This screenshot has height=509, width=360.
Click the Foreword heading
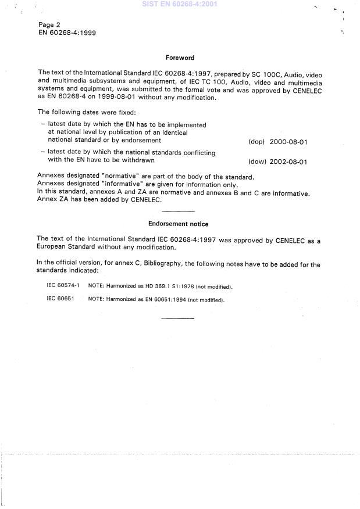tap(180, 58)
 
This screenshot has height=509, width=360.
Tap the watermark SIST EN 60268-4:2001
tap(180, 3)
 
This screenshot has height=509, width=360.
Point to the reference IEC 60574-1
tap(63, 286)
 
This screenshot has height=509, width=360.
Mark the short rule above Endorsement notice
tap(177, 212)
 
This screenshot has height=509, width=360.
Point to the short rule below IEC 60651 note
tap(177, 318)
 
